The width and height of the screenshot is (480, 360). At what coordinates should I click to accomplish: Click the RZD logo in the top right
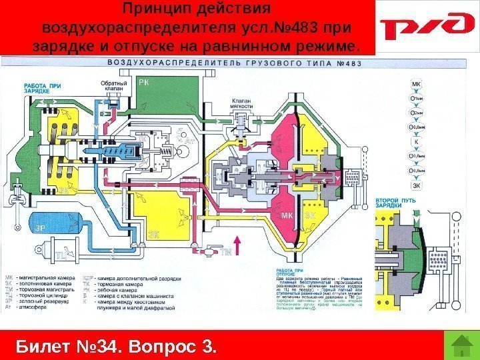(x=424, y=28)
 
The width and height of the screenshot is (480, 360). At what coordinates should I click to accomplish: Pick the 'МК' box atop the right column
(x=417, y=85)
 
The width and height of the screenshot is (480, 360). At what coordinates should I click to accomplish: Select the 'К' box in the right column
(x=417, y=141)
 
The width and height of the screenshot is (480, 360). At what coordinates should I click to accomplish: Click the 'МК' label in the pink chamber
(x=287, y=216)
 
